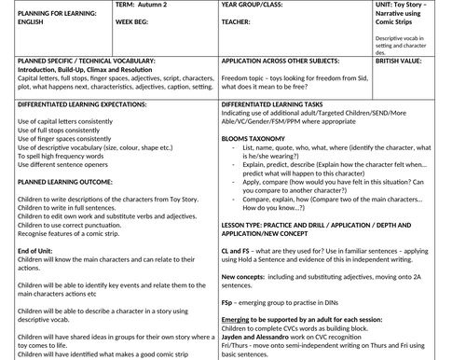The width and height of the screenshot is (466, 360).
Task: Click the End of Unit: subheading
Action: coord(34,251)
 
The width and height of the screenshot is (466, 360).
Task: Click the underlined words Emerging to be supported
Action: coord(270,319)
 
